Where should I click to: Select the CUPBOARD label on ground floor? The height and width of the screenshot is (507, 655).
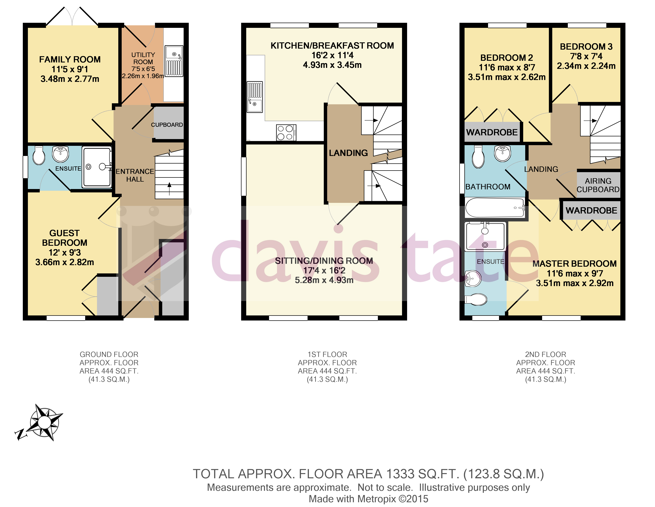coord(167,125)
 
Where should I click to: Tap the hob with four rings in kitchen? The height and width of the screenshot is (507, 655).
coord(286,132)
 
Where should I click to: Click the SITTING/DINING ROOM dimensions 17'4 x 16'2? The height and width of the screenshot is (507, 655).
coord(324,270)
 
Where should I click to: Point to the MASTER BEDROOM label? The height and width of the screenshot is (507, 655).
coord(574,263)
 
